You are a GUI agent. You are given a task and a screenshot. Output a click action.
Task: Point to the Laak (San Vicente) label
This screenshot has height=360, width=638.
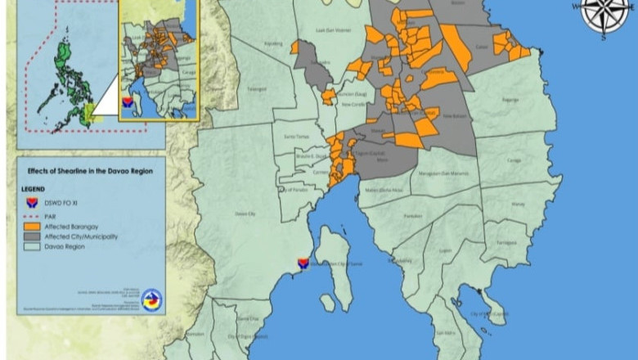point(333,31)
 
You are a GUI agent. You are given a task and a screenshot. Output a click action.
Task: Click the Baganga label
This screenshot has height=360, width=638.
point(510,100)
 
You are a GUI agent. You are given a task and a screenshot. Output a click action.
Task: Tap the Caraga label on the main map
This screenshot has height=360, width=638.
point(514,161)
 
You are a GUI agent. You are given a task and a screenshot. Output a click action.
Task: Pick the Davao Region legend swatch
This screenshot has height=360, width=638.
point(33,245)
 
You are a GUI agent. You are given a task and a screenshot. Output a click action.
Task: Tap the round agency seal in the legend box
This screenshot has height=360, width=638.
point(151,299)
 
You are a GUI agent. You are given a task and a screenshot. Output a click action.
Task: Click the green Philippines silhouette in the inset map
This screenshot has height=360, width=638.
point(64,78)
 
